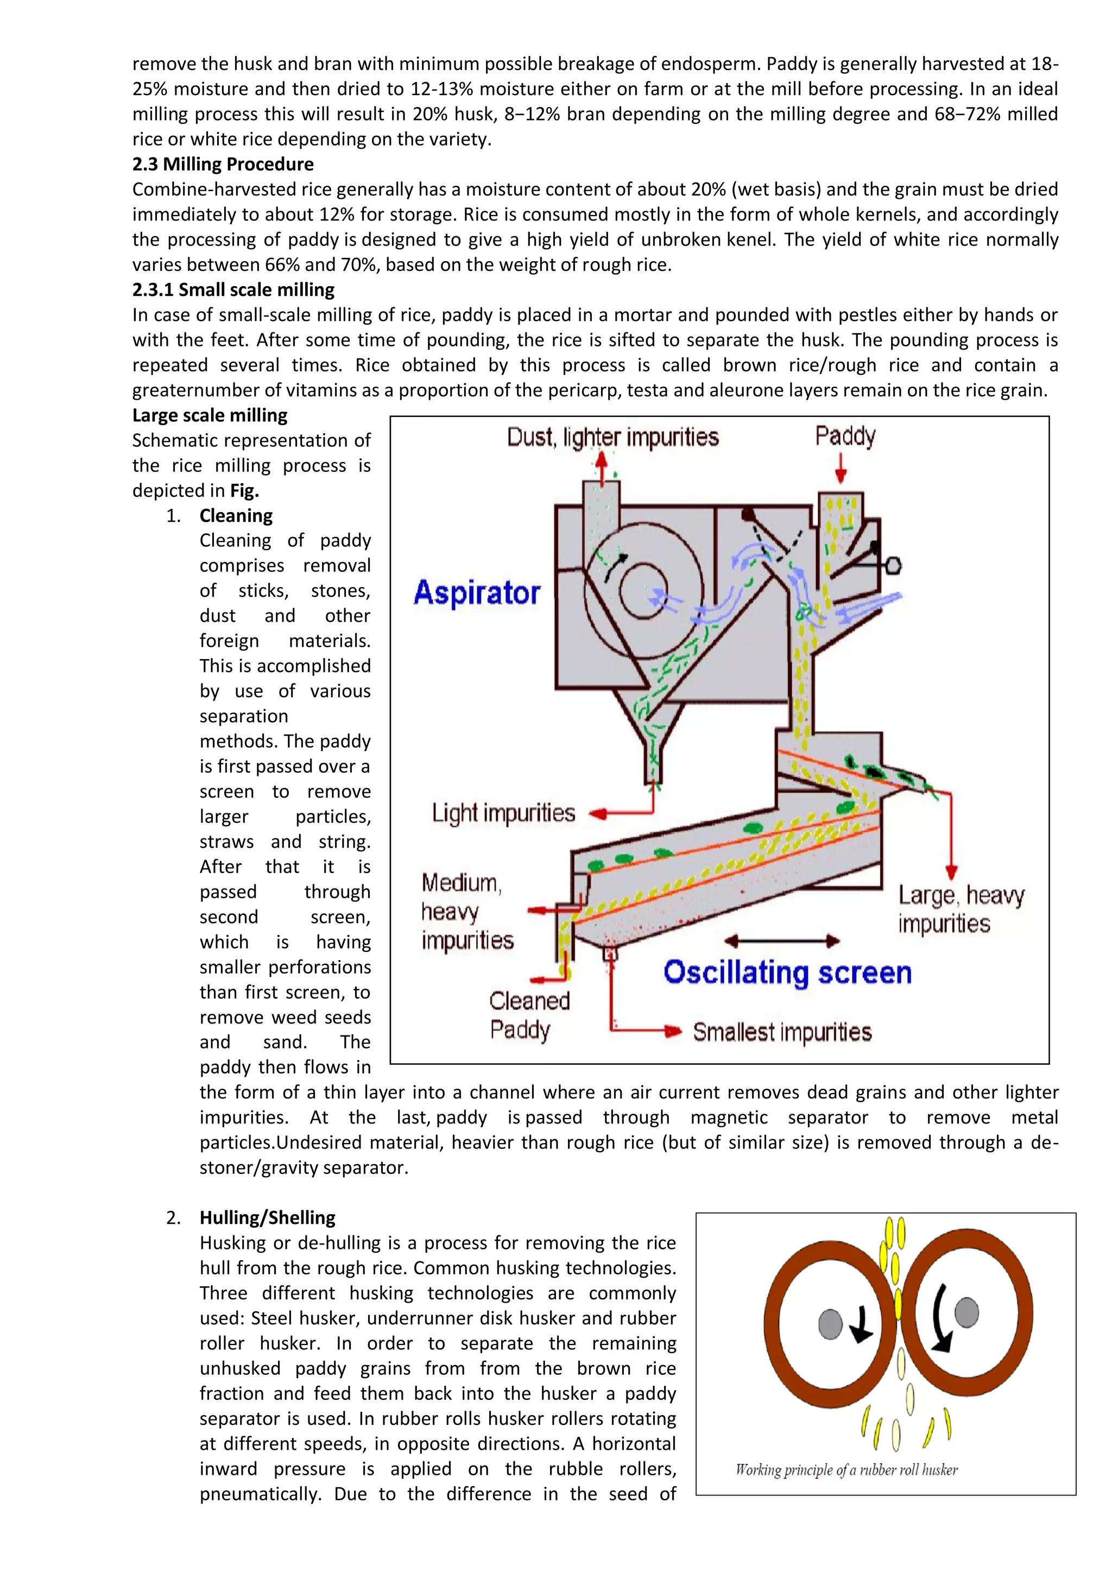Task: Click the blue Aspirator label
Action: tap(477, 593)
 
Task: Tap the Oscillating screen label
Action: tap(787, 973)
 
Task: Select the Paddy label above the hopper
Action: tap(844, 436)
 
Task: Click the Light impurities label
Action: tap(503, 813)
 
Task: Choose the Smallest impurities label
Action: tap(781, 1032)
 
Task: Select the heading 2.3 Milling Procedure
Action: tap(223, 165)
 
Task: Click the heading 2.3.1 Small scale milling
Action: tap(233, 289)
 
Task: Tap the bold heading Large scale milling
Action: tap(210, 415)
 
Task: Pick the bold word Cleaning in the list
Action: tap(236, 515)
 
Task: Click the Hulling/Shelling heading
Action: tap(267, 1218)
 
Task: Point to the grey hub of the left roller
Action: tap(830, 1324)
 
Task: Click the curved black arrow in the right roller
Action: tap(939, 1318)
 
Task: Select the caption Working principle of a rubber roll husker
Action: tap(846, 1470)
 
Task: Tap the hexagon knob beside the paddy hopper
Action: tap(893, 565)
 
